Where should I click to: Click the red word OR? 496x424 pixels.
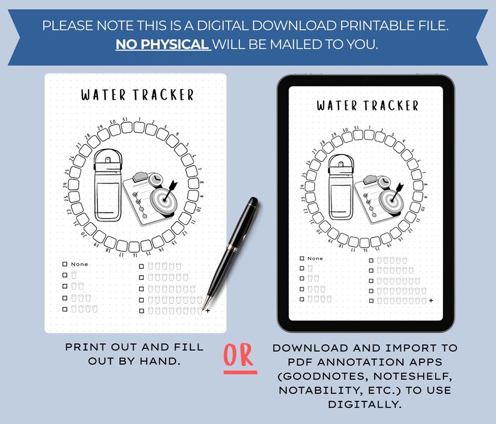pos(240,355)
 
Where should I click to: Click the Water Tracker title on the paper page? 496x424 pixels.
pos(137,95)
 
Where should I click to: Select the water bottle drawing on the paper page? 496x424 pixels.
pos(109,187)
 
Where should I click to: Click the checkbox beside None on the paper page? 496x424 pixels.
pos(64,264)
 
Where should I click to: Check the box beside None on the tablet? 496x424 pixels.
pos(302,258)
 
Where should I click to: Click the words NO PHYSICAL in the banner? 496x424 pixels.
pos(162,45)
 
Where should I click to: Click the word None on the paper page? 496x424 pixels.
pos(79,264)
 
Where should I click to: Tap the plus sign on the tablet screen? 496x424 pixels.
pos(431,301)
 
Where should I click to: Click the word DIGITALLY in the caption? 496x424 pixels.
pos(365,404)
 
